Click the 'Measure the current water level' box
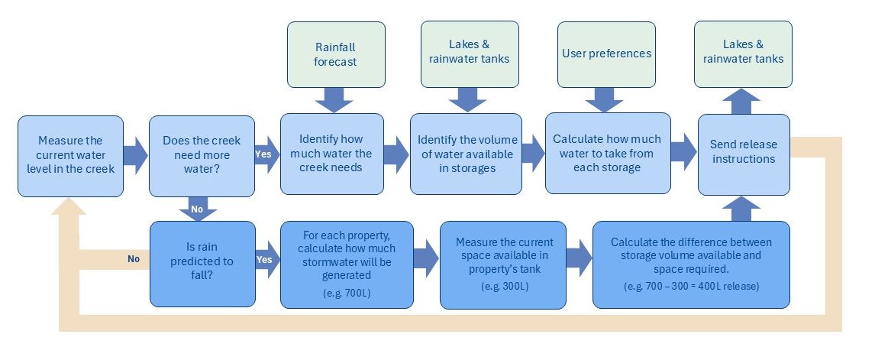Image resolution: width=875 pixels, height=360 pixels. pyautogui.click(x=70, y=156)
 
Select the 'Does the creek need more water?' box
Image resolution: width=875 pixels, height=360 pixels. pyautogui.click(x=202, y=156)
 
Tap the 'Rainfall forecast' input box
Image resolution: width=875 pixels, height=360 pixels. pyautogui.click(x=334, y=54)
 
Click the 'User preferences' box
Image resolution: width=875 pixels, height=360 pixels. pyautogui.click(x=606, y=54)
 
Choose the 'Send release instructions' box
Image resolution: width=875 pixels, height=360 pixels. pyautogui.click(x=743, y=152)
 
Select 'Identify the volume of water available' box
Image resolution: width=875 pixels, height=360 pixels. pyautogui.click(x=467, y=154)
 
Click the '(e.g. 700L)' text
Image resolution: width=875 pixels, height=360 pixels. pyautogui.click(x=347, y=293)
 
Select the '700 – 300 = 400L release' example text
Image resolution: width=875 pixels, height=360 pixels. pyautogui.click(x=690, y=286)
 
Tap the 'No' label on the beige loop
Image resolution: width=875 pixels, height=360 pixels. pyautogui.click(x=134, y=259)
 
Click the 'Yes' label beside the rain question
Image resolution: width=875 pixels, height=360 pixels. pyautogui.click(x=263, y=259)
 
